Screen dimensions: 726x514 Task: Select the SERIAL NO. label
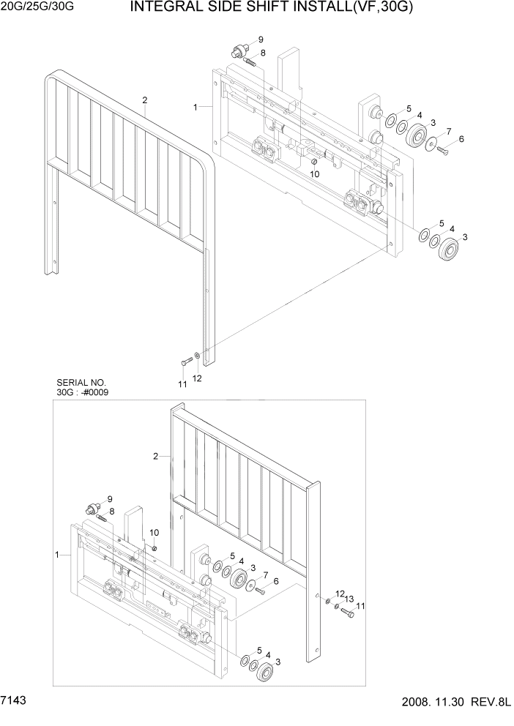pyautogui.click(x=81, y=382)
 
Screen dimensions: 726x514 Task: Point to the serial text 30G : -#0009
pyautogui.click(x=85, y=392)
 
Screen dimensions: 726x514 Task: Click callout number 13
pyautogui.click(x=349, y=598)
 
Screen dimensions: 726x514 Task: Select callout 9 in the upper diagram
pyautogui.click(x=261, y=39)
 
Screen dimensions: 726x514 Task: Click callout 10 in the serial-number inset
pyautogui.click(x=154, y=532)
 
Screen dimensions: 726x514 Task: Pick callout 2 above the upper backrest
pyautogui.click(x=145, y=100)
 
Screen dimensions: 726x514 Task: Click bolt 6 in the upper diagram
pyautogui.click(x=443, y=151)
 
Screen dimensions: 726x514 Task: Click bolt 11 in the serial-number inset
pyautogui.click(x=347, y=613)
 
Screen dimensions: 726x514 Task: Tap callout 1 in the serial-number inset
pyautogui.click(x=56, y=555)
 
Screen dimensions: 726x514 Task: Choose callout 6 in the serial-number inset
pyautogui.click(x=275, y=581)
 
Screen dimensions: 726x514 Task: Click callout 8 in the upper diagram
pyautogui.click(x=263, y=53)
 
